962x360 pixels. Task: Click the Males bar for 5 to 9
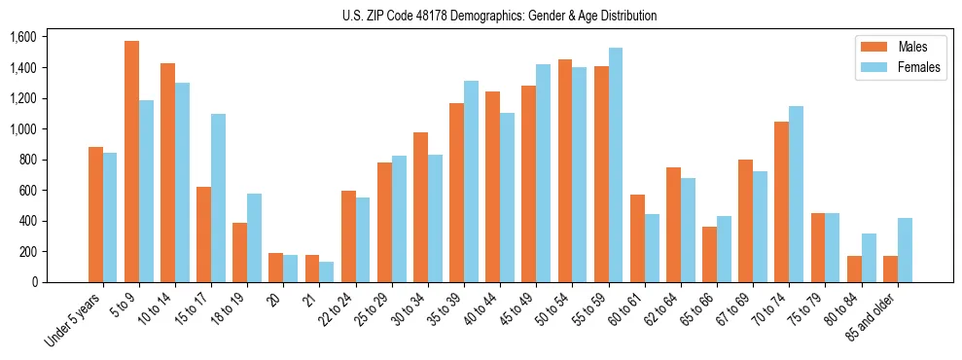pyautogui.click(x=131, y=162)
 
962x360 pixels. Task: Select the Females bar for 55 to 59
pyautogui.click(x=616, y=165)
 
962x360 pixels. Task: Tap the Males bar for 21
pyautogui.click(x=312, y=269)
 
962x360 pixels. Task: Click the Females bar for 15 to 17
pyautogui.click(x=218, y=198)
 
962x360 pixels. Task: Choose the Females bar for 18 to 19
pyautogui.click(x=254, y=237)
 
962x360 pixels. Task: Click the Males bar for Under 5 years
pyautogui.click(x=95, y=215)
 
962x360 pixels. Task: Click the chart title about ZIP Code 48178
pyautogui.click(x=499, y=16)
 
